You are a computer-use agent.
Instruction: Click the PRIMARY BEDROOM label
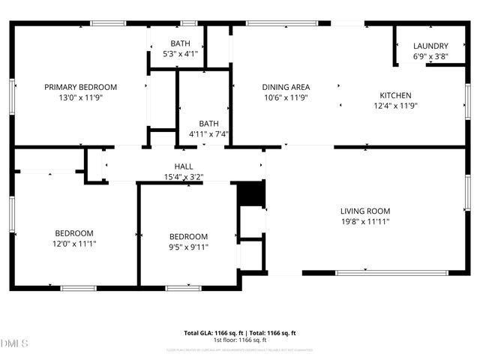80,87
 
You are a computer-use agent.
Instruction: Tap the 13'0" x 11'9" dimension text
80,97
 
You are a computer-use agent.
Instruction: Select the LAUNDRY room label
430,46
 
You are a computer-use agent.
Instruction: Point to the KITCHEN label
395,95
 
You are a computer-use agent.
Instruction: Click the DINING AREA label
286,87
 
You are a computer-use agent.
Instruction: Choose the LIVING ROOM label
365,211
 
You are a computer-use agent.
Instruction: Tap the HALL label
184,166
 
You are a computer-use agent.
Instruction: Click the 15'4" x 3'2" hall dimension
184,177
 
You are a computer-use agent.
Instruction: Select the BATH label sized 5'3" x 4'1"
180,43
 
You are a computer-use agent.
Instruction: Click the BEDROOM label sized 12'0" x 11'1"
73,232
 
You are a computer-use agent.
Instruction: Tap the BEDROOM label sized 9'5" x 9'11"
188,237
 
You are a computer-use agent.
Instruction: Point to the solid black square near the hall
251,193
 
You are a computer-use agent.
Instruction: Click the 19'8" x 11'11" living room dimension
365,221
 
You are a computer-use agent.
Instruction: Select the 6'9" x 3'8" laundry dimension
430,56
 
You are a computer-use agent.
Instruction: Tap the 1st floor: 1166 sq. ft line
240,340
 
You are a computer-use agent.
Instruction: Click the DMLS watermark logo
15,343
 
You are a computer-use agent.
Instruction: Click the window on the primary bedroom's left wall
12,97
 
